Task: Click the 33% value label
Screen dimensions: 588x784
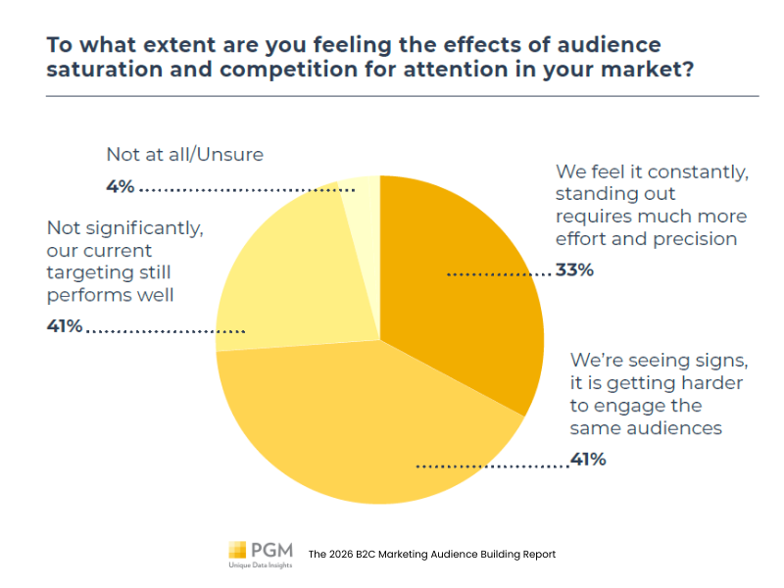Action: point(575,269)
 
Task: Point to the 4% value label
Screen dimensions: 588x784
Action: point(121,186)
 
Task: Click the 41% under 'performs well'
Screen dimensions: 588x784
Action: point(65,326)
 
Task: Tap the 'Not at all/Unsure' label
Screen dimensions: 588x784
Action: point(185,154)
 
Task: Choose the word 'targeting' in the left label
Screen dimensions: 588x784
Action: point(98,272)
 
